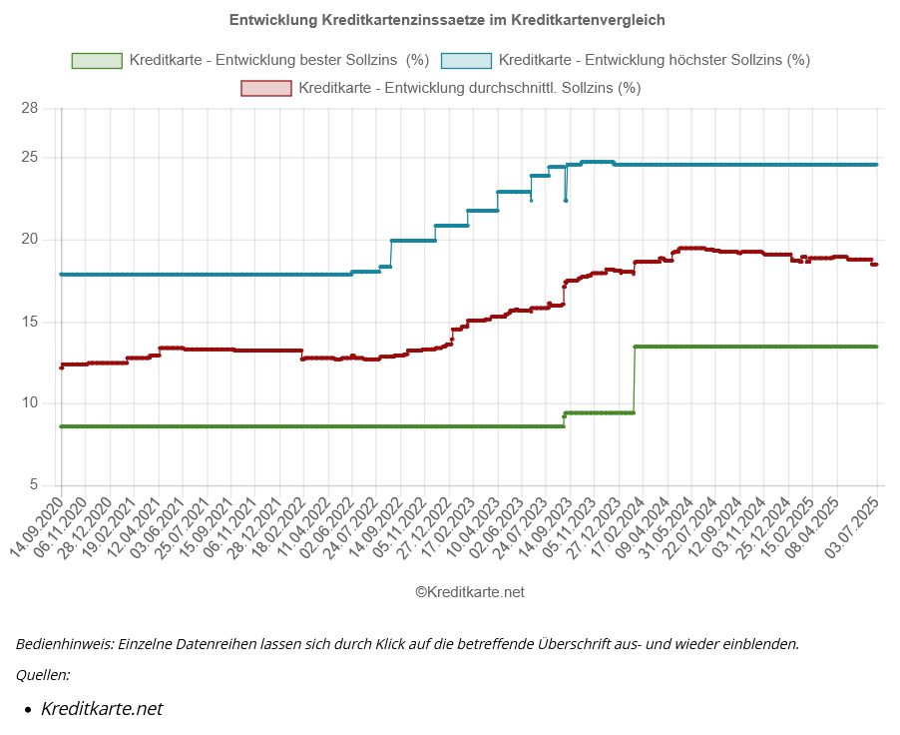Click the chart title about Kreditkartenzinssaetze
[x=447, y=19]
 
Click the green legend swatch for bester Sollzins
[x=97, y=60]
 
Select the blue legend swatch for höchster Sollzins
[x=466, y=60]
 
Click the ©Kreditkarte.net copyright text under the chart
[x=469, y=592]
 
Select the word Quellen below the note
[x=42, y=675]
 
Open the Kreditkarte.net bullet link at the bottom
[x=101, y=709]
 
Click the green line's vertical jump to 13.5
[x=635, y=379]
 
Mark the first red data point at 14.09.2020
[x=62, y=367]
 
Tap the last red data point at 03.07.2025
[x=875, y=265]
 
